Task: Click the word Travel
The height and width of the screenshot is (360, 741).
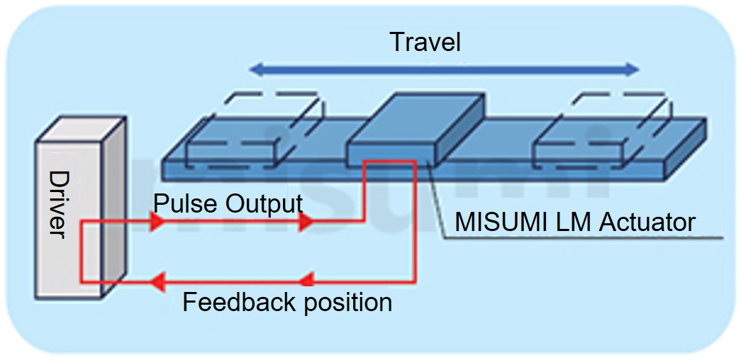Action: coord(425,42)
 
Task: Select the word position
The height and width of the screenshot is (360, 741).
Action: coord(348,303)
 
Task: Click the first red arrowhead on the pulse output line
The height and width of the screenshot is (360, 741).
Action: coord(158,223)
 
